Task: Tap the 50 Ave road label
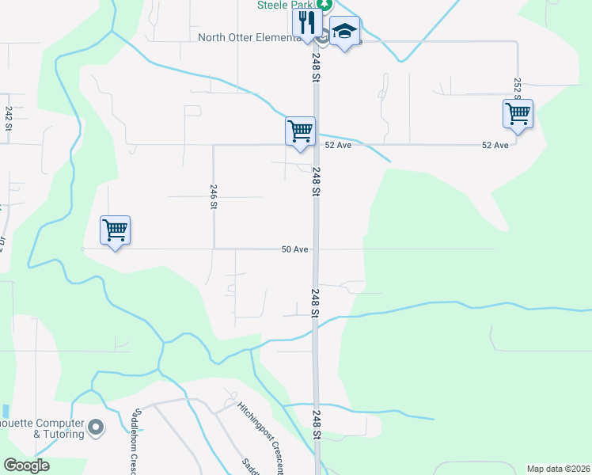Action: pos(294,249)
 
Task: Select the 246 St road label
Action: pos(214,196)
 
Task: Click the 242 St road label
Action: pos(9,118)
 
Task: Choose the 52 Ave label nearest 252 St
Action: pos(495,146)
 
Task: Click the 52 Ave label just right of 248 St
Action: pos(338,146)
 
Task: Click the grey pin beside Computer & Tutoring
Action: pos(97,428)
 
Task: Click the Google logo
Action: pos(26,465)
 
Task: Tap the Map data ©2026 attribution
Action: pos(558,469)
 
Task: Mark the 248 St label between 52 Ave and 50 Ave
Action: pos(316,181)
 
